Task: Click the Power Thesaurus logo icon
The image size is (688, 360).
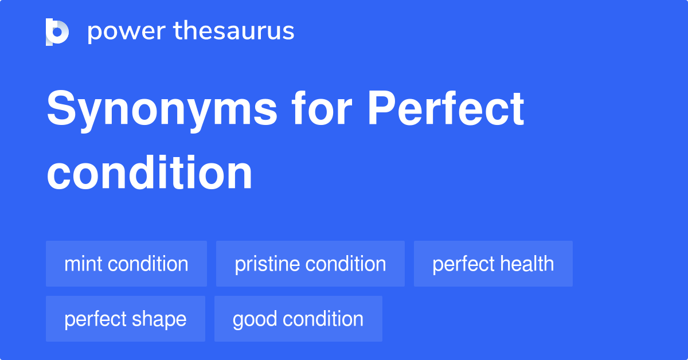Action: (x=57, y=32)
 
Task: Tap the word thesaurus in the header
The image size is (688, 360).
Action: (x=234, y=32)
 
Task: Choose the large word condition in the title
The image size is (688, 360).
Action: (x=150, y=173)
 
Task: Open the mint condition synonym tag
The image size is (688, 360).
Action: (x=126, y=264)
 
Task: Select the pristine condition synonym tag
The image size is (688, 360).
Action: (x=310, y=264)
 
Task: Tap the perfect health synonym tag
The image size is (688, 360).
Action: (x=493, y=264)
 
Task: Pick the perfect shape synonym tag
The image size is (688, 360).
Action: (x=125, y=319)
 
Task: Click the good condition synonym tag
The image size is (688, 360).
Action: (x=298, y=319)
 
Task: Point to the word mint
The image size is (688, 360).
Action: (x=83, y=264)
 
